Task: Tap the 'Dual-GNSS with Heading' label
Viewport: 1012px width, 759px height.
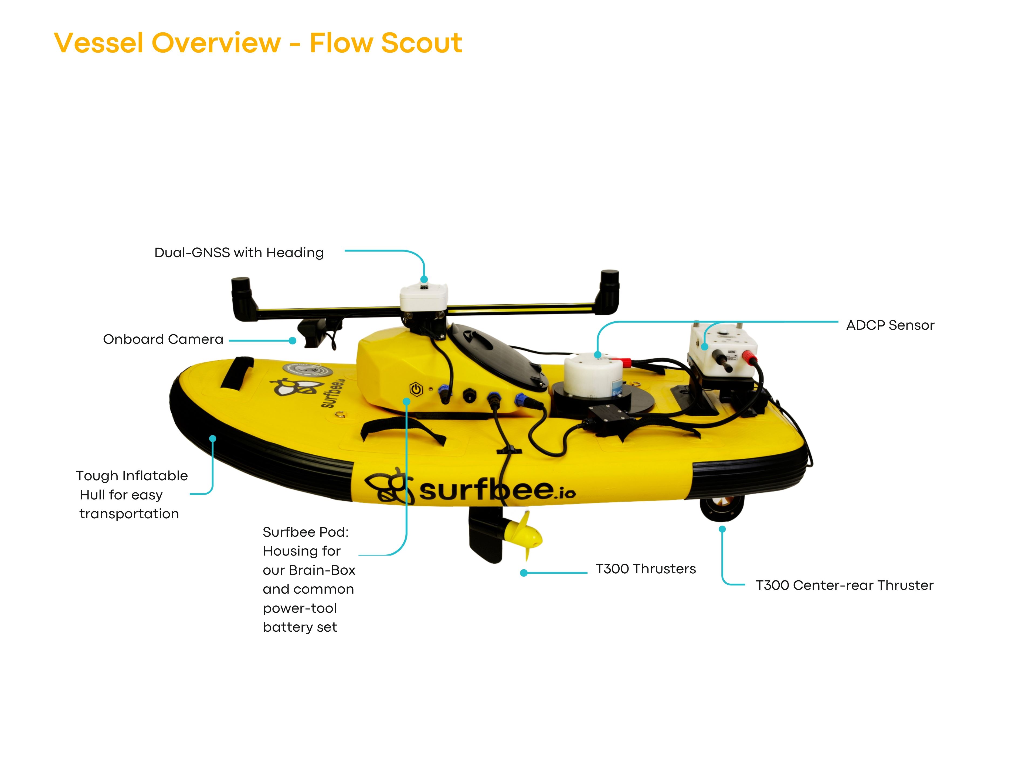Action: (x=239, y=253)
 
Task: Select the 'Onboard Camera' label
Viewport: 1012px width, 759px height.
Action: (x=163, y=339)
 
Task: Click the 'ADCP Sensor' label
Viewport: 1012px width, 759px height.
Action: (x=890, y=325)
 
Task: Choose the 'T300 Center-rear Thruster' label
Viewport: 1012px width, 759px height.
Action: (x=844, y=585)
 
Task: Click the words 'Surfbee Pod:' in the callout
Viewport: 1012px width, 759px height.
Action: (x=305, y=532)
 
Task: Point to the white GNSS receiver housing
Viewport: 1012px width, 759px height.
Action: (x=424, y=297)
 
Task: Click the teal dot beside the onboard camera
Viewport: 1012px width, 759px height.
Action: (x=292, y=341)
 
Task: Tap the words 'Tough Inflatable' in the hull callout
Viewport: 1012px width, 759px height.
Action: (x=132, y=476)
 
